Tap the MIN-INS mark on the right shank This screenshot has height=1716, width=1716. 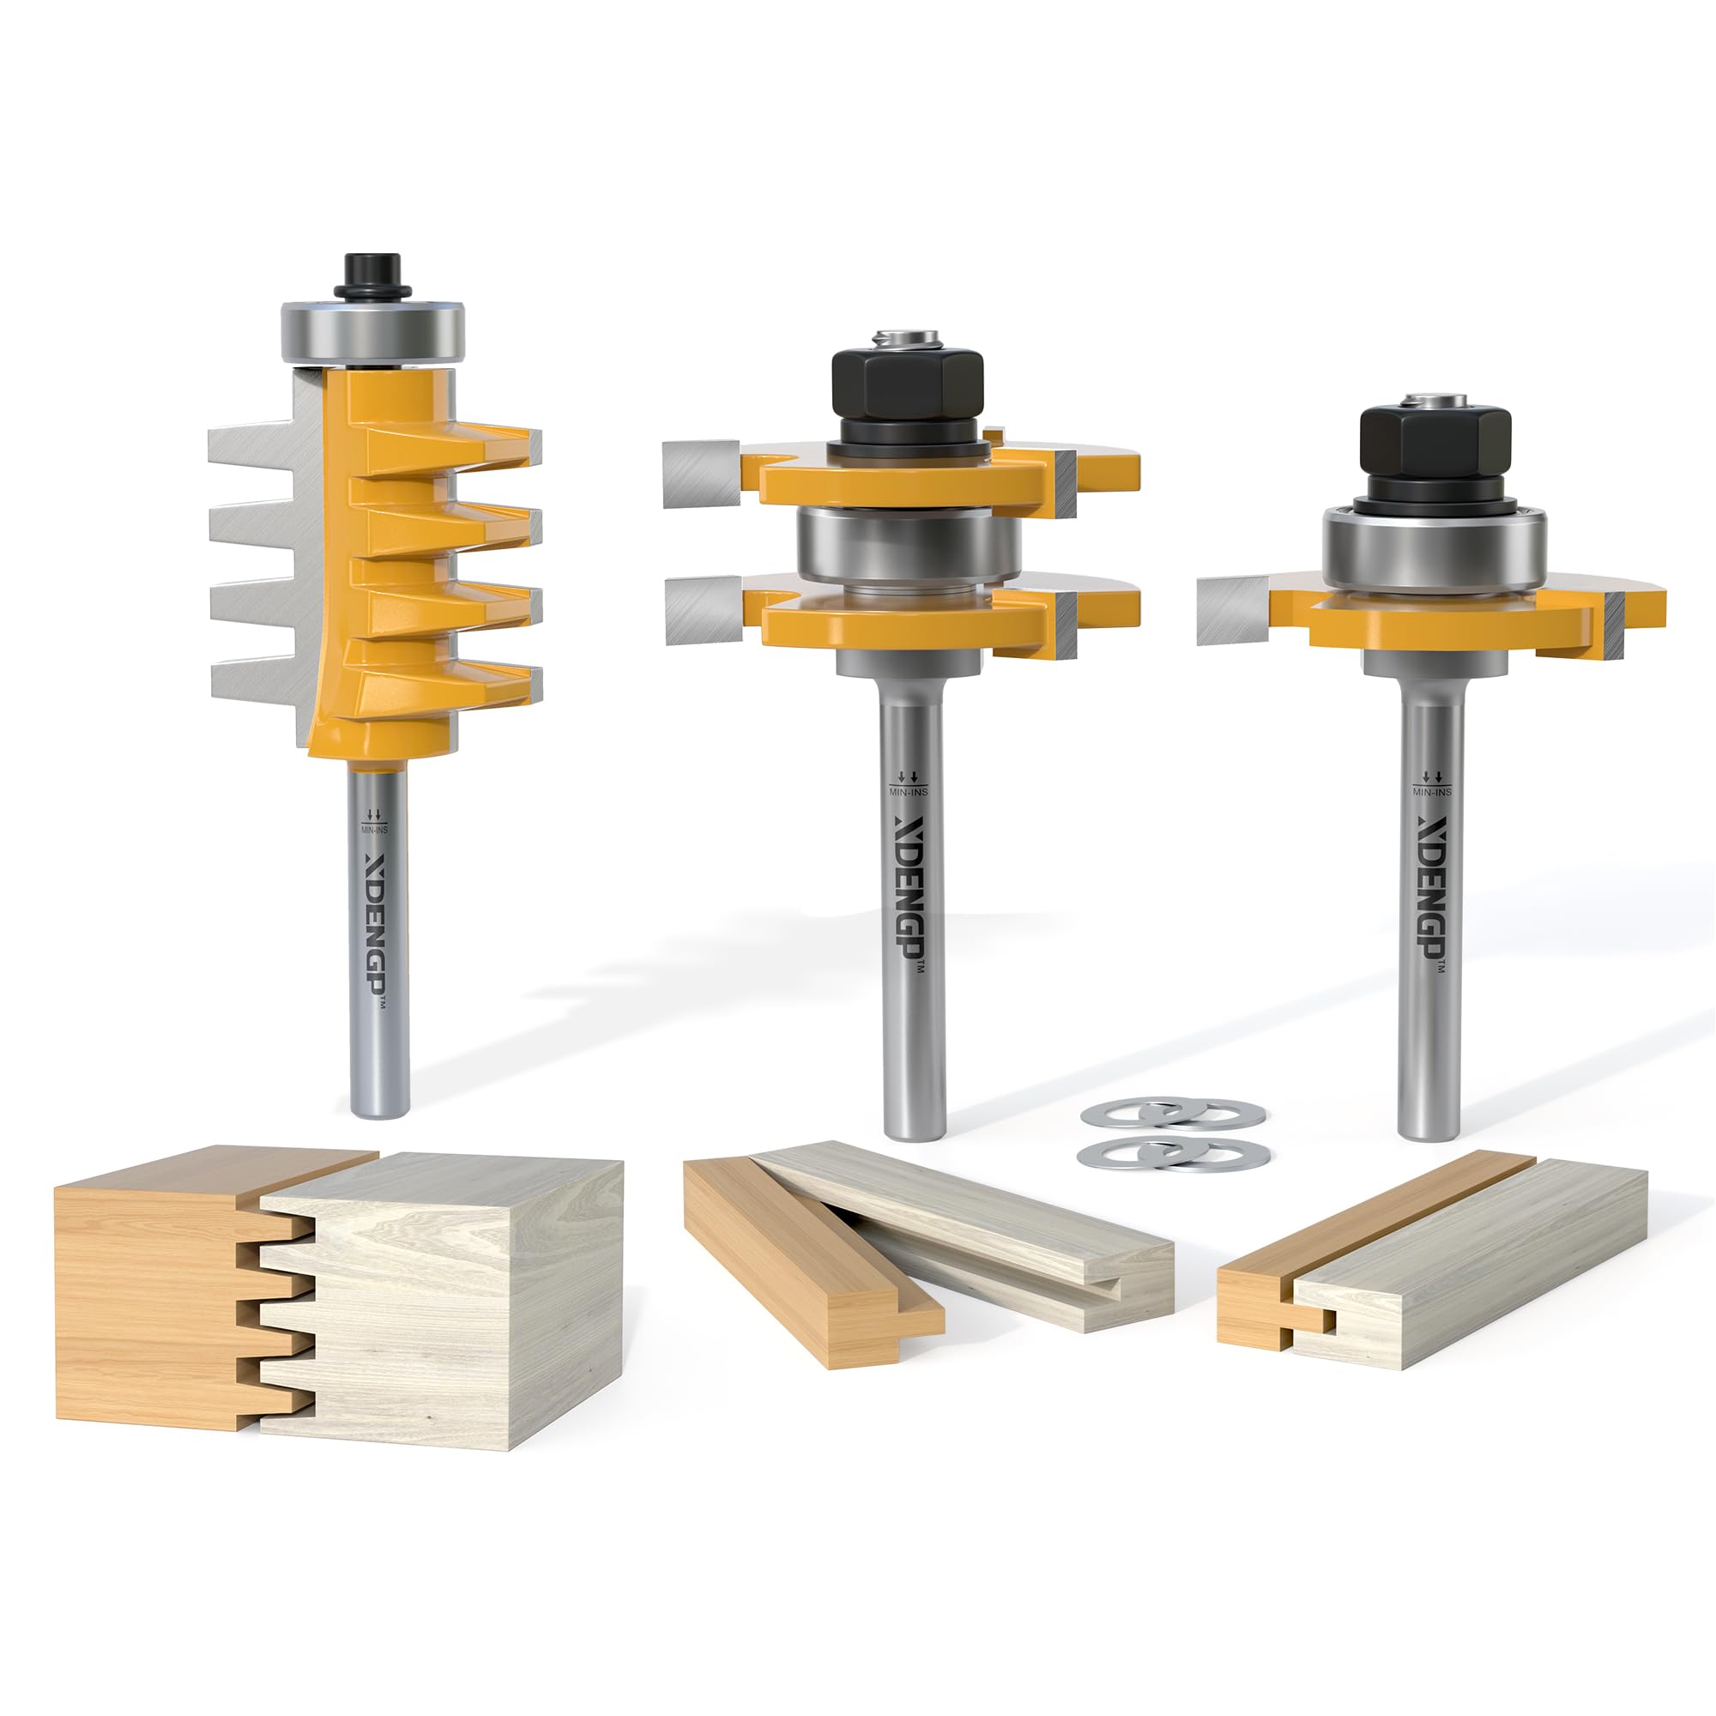pos(1431,784)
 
